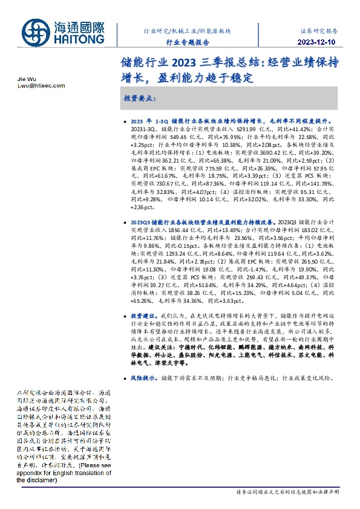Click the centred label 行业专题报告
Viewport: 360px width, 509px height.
pyautogui.click(x=188, y=42)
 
